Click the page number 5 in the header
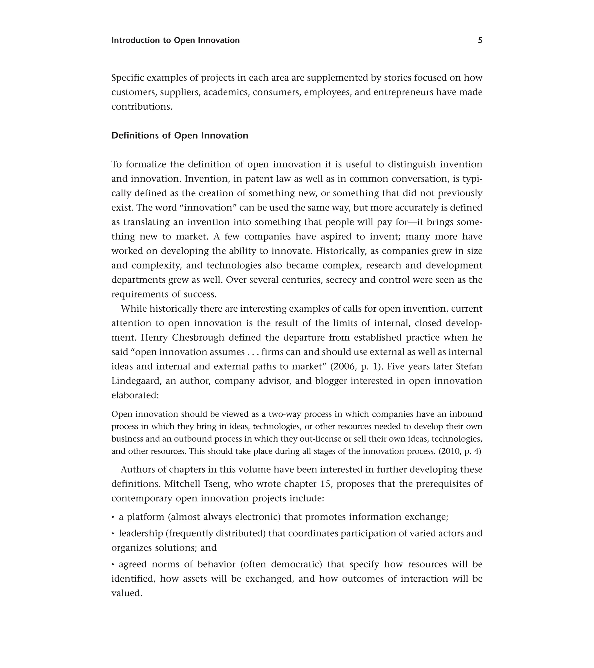[x=480, y=40]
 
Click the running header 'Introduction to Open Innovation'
[x=175, y=40]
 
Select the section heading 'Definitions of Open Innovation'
[x=180, y=135]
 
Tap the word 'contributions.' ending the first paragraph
[x=142, y=106]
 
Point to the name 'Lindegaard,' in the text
[x=136, y=381]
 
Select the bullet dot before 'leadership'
[x=113, y=534]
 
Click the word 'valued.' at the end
[x=127, y=593]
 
